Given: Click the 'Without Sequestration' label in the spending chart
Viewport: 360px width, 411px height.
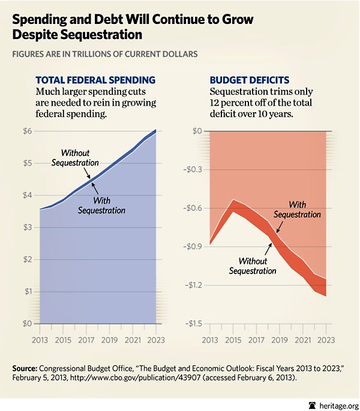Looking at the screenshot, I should tap(75, 158).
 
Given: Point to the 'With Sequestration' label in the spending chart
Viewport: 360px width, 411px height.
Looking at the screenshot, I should tap(101, 205).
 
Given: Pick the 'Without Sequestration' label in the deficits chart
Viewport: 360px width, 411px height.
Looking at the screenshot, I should tap(253, 266).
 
